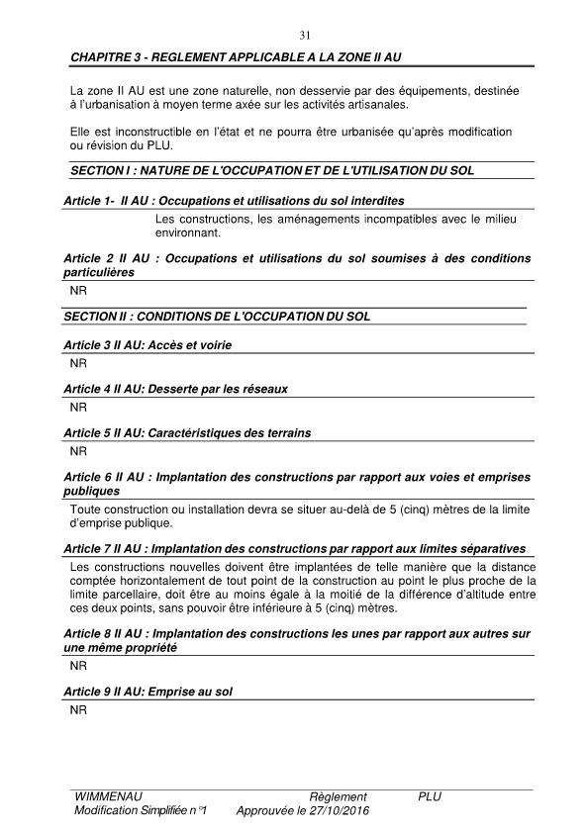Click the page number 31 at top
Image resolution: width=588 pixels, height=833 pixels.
(x=305, y=36)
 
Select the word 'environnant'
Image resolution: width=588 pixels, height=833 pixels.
(x=187, y=233)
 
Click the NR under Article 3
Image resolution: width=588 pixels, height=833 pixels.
(x=78, y=363)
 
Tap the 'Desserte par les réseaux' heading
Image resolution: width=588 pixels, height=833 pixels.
(x=175, y=389)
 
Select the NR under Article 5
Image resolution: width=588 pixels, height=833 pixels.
(x=78, y=450)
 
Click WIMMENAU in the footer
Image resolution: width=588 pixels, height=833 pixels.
(x=108, y=797)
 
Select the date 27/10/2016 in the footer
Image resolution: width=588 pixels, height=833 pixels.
(x=325, y=810)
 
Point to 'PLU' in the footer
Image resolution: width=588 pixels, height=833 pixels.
(x=430, y=797)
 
